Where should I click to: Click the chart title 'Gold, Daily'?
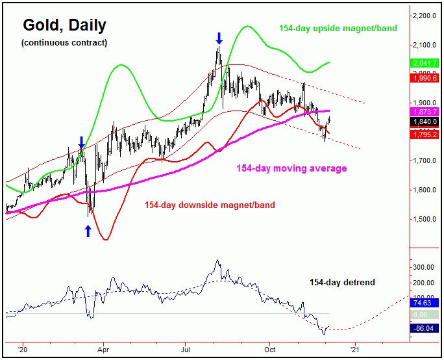coord(64,26)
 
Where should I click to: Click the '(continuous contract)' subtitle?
coord(64,43)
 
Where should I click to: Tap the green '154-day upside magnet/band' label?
coord(338,29)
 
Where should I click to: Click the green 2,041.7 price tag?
coord(425,62)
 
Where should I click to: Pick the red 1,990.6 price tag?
coord(425,77)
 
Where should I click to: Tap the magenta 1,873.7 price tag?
coord(425,111)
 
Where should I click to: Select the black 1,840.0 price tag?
coord(425,122)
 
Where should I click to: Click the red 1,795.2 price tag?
coord(425,135)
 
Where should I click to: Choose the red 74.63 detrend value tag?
coord(425,302)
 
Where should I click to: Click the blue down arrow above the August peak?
coord(219,37)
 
